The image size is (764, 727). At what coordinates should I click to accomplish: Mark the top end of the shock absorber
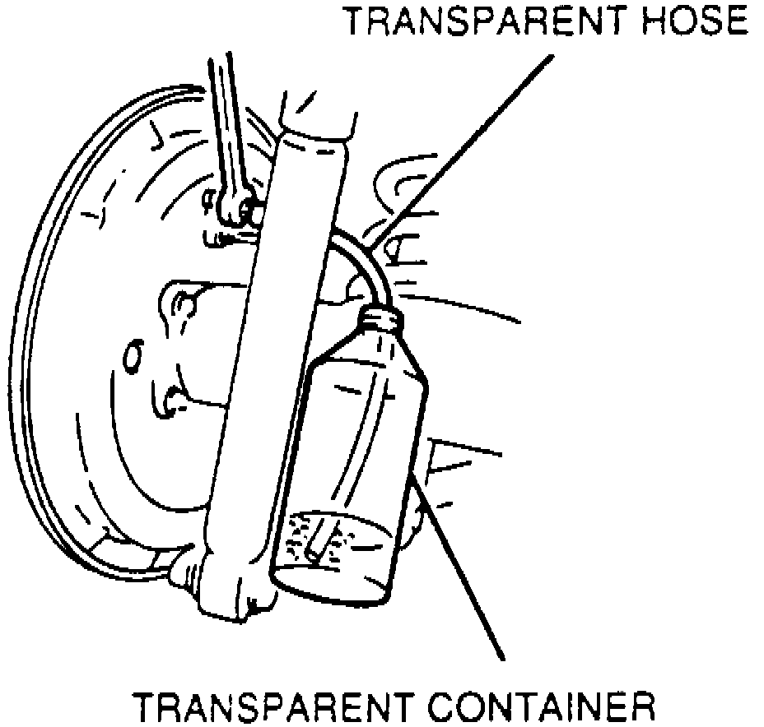coord(317,123)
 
